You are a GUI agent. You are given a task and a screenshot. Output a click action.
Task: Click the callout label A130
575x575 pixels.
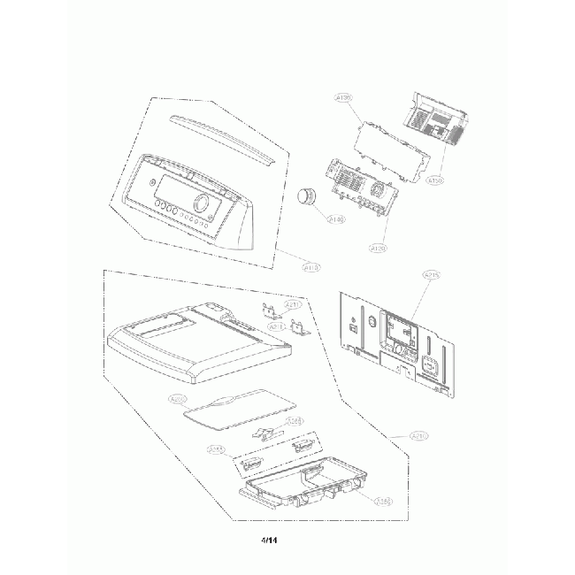(x=344, y=97)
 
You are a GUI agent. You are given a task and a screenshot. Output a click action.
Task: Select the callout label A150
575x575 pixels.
(x=434, y=181)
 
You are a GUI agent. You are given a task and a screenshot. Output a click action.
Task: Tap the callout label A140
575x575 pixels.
(x=336, y=218)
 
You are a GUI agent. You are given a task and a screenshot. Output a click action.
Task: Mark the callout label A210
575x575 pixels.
(x=421, y=435)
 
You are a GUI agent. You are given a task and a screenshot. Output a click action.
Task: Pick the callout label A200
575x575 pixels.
(x=179, y=399)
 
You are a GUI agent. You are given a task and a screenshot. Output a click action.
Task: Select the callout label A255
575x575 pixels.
(x=216, y=450)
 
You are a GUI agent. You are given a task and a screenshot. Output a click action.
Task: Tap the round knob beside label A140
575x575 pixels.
(x=309, y=198)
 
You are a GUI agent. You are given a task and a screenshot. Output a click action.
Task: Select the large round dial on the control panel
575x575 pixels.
(x=202, y=203)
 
